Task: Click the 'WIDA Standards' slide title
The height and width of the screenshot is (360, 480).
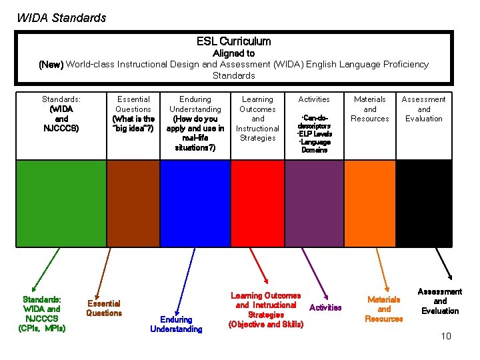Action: tap(61, 18)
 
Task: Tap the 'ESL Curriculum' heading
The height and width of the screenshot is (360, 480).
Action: tap(233, 41)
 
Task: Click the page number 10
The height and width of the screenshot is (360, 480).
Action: tap(446, 336)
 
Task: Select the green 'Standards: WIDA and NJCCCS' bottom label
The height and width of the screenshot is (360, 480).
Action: tap(42, 313)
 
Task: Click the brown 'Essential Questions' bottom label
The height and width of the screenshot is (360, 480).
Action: tap(104, 308)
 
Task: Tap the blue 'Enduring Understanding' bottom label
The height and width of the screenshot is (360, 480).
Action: tap(176, 324)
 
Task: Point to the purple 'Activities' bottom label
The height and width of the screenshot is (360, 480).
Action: tap(325, 307)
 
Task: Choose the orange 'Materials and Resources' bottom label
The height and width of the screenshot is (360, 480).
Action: tap(384, 309)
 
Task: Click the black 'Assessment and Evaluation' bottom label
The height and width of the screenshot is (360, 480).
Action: tap(440, 301)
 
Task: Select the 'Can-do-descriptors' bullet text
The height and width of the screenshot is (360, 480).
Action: tap(313, 121)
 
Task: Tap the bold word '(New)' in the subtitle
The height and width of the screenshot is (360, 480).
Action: tap(51, 65)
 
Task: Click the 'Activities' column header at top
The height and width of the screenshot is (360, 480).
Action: tap(313, 99)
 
